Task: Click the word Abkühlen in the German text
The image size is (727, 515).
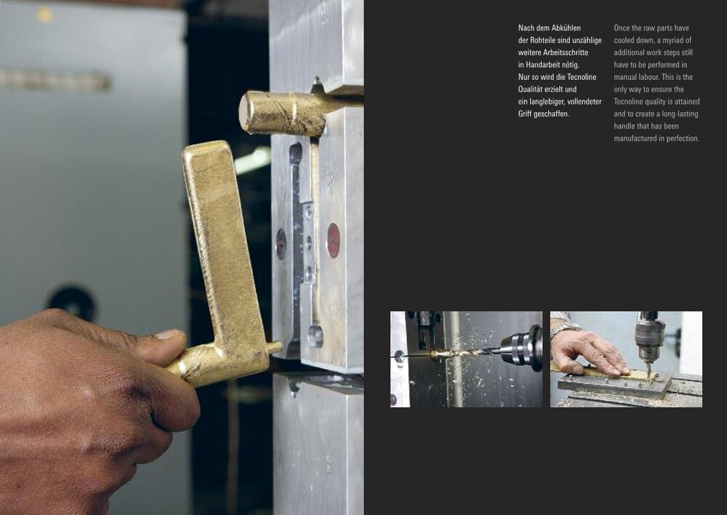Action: [x=566, y=28]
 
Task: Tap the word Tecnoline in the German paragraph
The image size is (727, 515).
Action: [x=582, y=77]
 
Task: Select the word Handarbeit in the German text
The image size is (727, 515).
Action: [x=543, y=65]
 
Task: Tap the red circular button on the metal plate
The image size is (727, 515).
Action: [x=334, y=240]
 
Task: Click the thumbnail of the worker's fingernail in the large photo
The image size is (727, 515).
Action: [x=169, y=333]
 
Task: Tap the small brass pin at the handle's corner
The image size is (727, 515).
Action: [x=274, y=347]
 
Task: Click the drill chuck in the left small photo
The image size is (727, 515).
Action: [x=522, y=347]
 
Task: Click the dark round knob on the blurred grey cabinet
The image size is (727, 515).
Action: [x=72, y=304]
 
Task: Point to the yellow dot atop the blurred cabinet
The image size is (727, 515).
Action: [x=45, y=15]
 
